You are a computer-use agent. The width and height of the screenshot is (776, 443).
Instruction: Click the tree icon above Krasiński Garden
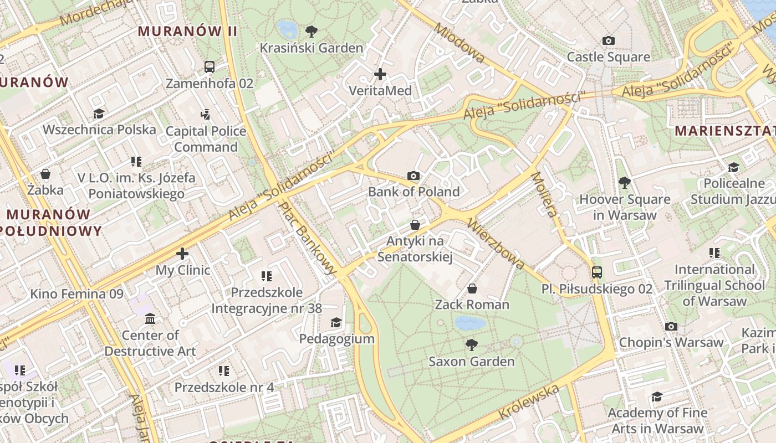click(x=312, y=31)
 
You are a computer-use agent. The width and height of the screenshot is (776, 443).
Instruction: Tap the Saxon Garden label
click(x=471, y=362)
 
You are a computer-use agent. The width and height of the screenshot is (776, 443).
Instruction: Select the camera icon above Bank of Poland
click(x=413, y=176)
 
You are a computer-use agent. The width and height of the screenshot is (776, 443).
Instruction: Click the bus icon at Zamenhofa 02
click(x=210, y=67)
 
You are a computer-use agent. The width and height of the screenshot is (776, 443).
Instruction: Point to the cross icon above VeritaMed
click(x=380, y=74)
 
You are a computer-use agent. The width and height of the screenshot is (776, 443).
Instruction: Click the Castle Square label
click(x=608, y=57)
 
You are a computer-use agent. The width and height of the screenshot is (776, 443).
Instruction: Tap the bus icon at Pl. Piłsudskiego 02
click(x=597, y=272)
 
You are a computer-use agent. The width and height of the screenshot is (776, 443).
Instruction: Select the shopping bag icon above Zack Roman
click(x=472, y=288)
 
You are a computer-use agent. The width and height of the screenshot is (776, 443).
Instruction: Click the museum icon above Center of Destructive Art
click(x=150, y=318)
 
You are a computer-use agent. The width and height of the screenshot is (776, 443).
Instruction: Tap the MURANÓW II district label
click(x=187, y=31)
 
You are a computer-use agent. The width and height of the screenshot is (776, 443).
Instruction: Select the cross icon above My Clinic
click(x=182, y=254)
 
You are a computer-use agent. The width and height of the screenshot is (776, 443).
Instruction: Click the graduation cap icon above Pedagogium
click(x=336, y=322)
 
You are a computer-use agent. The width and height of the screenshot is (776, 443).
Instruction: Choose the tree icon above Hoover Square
click(x=624, y=182)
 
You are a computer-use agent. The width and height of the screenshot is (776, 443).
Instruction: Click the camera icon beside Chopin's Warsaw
click(x=671, y=326)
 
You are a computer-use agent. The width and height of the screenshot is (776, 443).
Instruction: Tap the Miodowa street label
click(x=460, y=43)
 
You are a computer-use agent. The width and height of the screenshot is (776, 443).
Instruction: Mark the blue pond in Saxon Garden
click(x=470, y=323)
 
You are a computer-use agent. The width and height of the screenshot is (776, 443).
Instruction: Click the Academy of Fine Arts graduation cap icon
click(x=657, y=396)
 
